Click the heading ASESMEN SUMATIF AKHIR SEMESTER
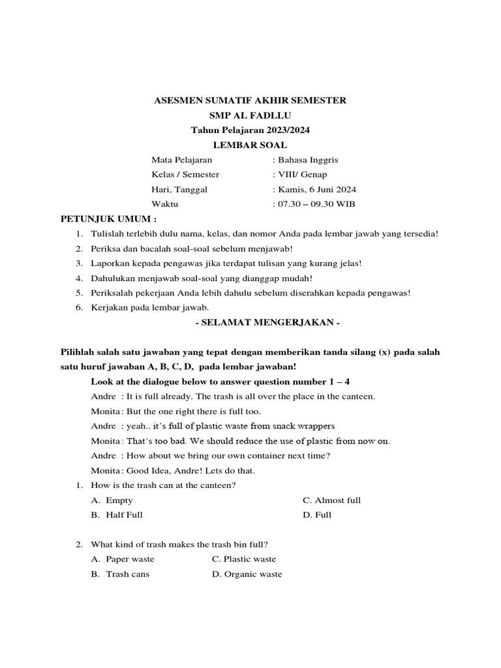pyautogui.click(x=250, y=100)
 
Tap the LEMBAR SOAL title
pyautogui.click(x=250, y=145)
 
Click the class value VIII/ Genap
pyautogui.click(x=302, y=175)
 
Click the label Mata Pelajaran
pyautogui.click(x=181, y=160)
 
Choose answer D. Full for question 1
pyautogui.click(x=317, y=515)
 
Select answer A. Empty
pyautogui.click(x=112, y=500)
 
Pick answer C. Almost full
pyautogui.click(x=331, y=500)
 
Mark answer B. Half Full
pyautogui.click(x=117, y=515)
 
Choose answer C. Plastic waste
pyautogui.click(x=244, y=559)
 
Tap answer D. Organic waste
pyautogui.click(x=247, y=574)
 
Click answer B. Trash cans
pyautogui.click(x=121, y=574)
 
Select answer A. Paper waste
pyautogui.click(x=123, y=559)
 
